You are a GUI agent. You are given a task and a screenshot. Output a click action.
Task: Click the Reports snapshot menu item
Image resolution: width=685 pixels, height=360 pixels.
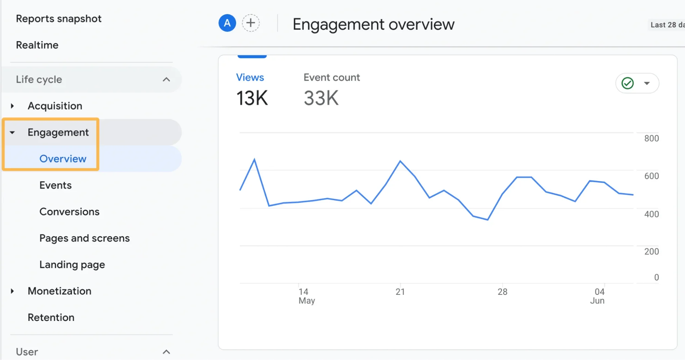[59, 19]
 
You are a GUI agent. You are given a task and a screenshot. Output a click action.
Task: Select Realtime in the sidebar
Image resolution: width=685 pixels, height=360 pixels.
[37, 45]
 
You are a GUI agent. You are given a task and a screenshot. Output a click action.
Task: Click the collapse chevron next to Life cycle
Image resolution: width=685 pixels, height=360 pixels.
[166, 80]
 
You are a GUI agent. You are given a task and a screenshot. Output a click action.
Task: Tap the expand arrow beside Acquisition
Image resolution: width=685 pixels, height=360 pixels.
[12, 106]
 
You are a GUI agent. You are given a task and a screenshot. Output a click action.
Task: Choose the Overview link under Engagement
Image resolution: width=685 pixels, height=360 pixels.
[63, 159]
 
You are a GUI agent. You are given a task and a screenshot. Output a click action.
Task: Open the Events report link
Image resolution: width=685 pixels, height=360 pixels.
[56, 185]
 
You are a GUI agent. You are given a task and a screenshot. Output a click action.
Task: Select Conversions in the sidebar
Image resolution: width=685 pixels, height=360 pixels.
[69, 212]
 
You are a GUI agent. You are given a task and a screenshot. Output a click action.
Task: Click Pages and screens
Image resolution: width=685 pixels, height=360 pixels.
[84, 238]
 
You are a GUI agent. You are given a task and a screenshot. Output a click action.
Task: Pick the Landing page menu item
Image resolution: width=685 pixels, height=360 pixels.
[72, 265]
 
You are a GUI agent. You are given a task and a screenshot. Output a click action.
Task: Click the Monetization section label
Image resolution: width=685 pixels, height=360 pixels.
[59, 291]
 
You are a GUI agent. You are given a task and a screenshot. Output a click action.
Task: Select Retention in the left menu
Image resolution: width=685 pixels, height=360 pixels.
[51, 317]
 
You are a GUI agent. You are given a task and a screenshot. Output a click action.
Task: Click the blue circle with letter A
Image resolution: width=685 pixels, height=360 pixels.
[227, 23]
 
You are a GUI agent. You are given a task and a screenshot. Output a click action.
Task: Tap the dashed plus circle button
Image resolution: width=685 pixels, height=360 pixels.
[251, 23]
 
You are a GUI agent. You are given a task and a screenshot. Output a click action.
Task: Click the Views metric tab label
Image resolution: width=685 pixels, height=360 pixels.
[250, 77]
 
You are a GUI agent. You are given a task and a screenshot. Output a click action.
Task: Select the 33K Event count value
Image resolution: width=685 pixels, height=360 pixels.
[321, 98]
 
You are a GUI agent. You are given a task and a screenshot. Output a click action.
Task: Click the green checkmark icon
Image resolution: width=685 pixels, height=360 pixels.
[627, 83]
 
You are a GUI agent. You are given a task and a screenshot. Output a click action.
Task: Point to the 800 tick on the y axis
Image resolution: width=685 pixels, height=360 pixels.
[651, 139]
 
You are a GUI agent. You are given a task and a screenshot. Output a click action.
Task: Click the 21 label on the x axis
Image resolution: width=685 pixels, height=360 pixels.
[400, 292]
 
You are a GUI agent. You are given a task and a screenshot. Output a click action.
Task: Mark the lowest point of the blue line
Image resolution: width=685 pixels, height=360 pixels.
[488, 220]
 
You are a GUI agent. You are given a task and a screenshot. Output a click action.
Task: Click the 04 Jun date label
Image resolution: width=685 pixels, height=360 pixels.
[598, 296]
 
